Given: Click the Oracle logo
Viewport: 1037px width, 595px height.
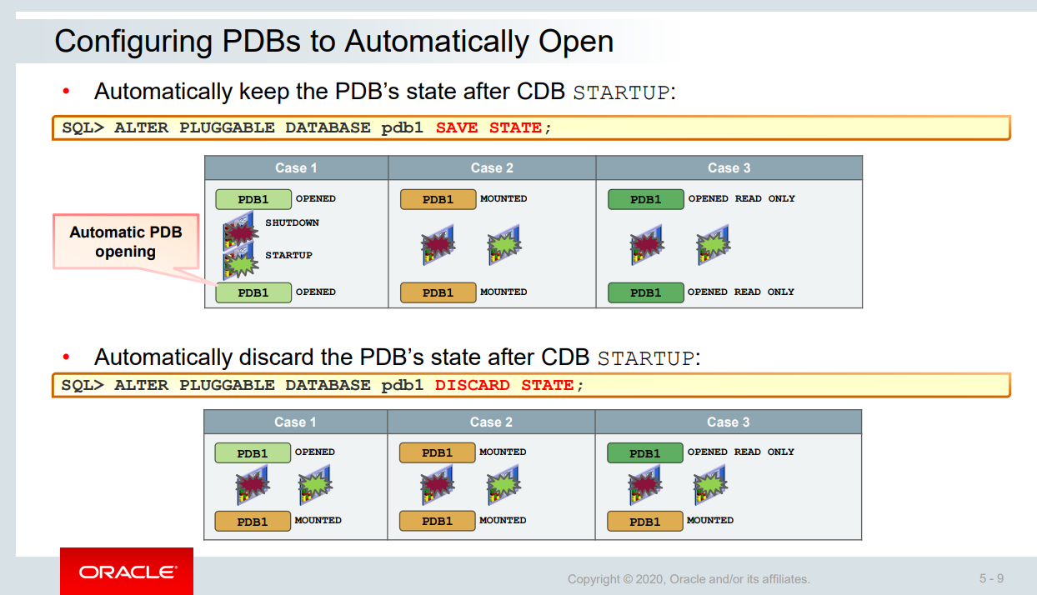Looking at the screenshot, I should pos(127,572).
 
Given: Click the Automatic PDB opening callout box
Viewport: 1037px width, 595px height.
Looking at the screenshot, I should pos(125,242).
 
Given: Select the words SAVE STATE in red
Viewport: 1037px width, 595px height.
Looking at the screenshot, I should pos(488,127).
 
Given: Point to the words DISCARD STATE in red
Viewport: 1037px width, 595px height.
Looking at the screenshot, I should pos(504,385).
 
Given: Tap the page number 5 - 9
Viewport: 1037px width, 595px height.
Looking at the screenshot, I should pos(991,578).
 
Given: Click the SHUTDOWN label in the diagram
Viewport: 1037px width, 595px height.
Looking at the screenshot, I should pos(292,222).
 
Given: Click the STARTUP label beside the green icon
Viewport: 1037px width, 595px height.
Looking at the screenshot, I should pos(288,255).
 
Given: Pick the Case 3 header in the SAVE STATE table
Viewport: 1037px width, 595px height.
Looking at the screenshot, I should pos(729,167).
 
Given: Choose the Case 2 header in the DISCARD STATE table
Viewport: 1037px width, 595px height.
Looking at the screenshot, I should pos(491,422).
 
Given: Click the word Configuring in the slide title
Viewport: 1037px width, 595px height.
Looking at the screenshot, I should pos(124,41).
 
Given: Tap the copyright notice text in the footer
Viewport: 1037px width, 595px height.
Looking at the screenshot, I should pos(689,579).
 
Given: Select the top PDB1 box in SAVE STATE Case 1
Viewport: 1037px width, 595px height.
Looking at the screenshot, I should pos(253,199).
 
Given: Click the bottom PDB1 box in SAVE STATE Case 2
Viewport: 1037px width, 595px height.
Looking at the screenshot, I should pos(438,292).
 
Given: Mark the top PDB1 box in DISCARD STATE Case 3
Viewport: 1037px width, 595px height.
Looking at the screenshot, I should pos(644,453).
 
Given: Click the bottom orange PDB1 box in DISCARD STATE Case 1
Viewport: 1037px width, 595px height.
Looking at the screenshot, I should pos(253,521).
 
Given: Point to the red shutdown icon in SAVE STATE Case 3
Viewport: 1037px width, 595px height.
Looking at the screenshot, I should pos(647,245).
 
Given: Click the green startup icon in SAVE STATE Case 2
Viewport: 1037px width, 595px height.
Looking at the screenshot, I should pos(504,244).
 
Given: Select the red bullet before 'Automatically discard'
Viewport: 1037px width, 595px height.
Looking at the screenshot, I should pos(67,357).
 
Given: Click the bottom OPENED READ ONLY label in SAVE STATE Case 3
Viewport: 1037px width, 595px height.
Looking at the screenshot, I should pos(741,292).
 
